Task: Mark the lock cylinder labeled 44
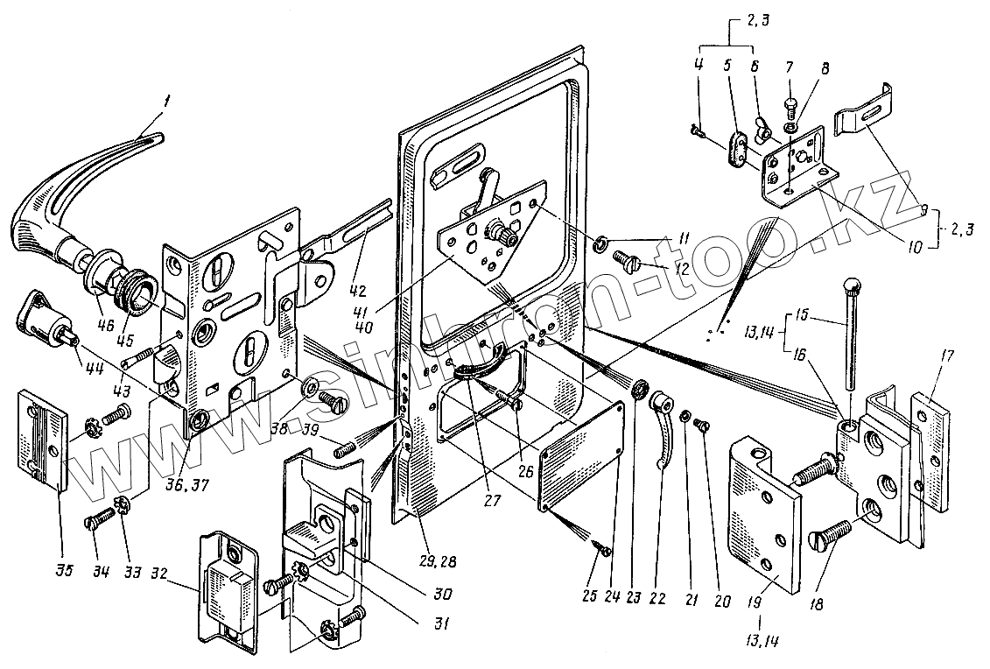click(x=48, y=316)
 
